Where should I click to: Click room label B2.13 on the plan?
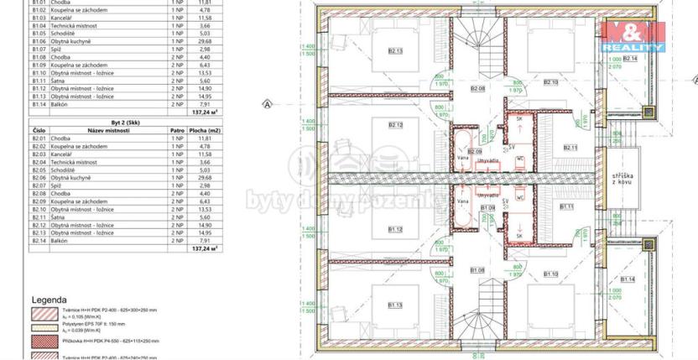click(395, 51)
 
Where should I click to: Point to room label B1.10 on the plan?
click(550, 274)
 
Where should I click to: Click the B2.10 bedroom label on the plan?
click(550, 82)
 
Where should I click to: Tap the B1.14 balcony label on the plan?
click(628, 279)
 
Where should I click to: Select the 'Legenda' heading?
click(49, 300)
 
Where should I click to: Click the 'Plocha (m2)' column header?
click(204, 131)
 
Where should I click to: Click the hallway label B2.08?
click(478, 88)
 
